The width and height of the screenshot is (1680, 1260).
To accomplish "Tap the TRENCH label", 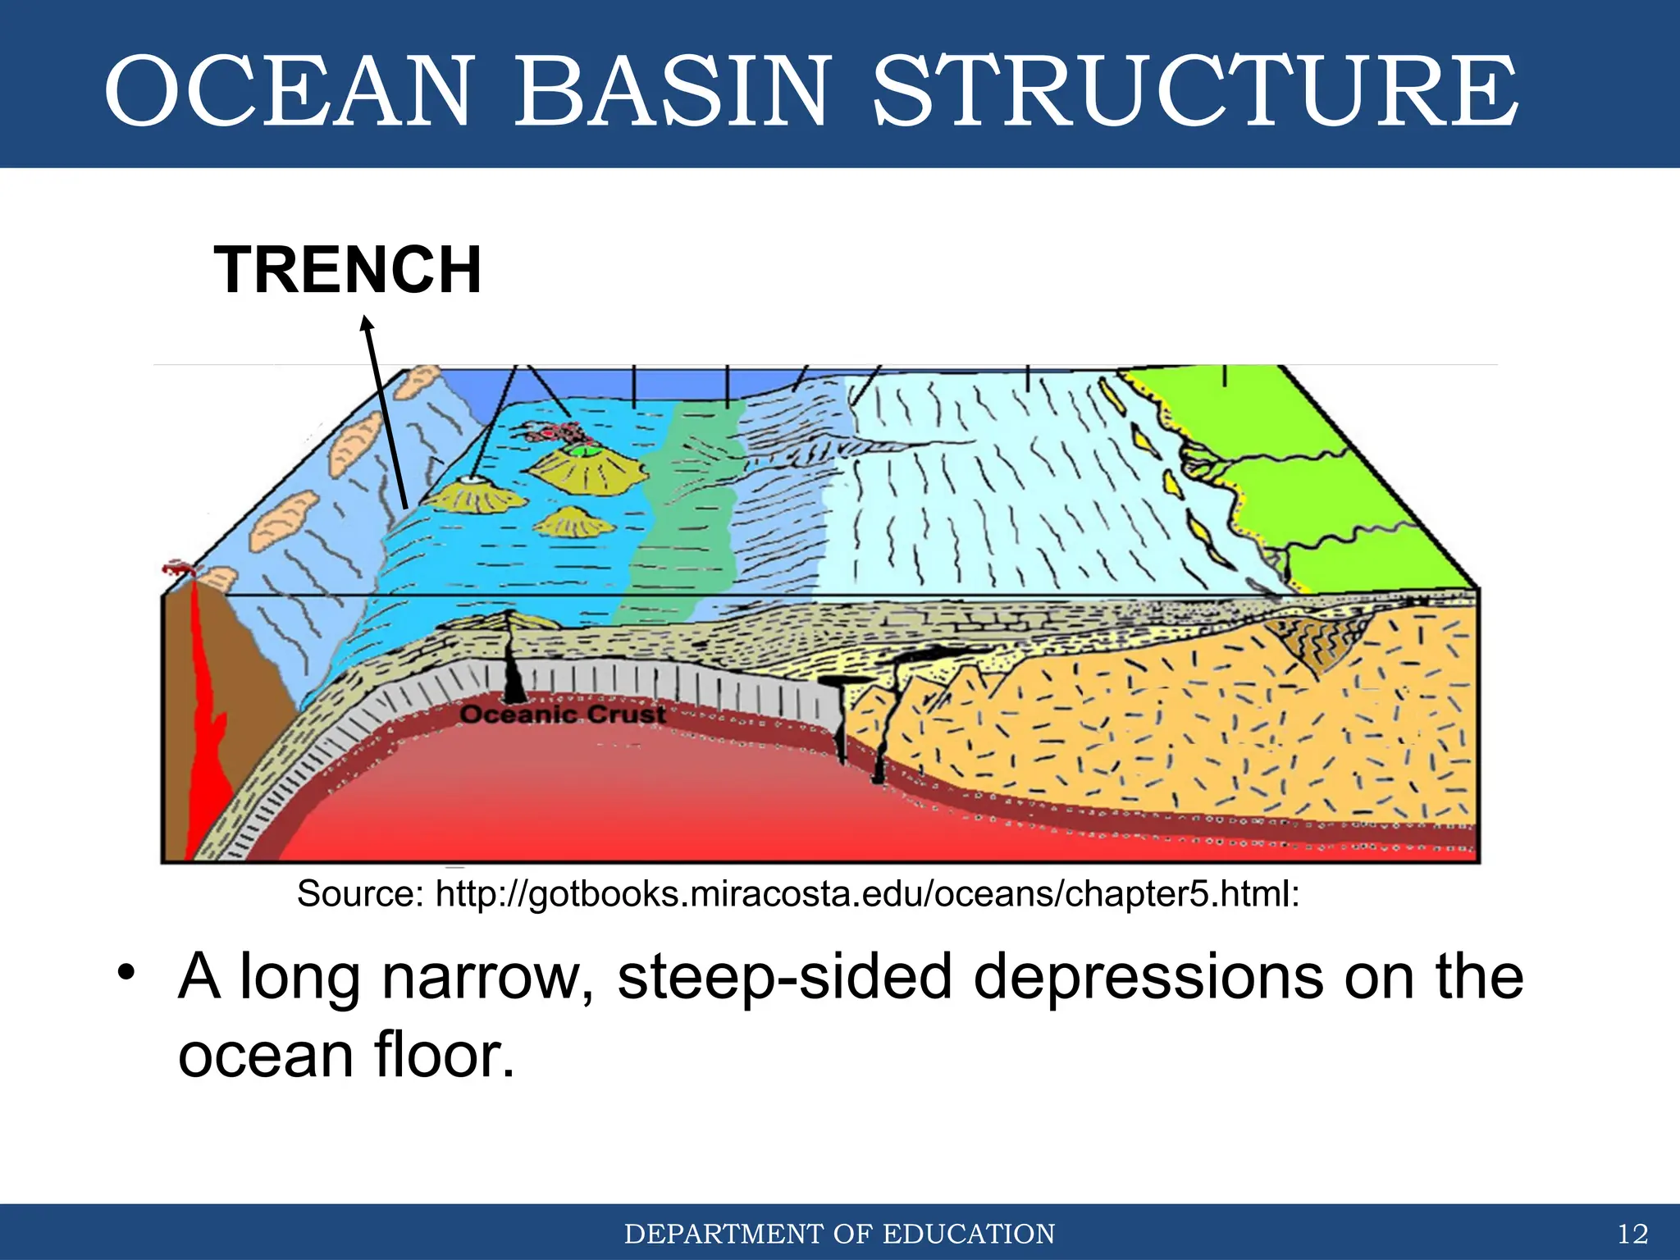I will click(x=348, y=270).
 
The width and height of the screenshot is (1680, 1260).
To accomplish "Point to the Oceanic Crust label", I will click(x=563, y=714).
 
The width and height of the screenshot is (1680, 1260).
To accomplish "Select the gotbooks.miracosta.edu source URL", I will click(x=867, y=894).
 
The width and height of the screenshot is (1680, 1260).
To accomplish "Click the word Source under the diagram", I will click(x=359, y=894).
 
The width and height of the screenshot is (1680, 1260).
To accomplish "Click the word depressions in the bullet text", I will click(x=1147, y=976).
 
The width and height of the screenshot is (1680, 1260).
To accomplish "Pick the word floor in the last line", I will click(x=444, y=1056).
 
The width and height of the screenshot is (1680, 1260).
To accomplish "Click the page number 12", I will click(x=1632, y=1234).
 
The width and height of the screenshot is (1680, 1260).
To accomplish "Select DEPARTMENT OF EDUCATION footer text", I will click(x=839, y=1234).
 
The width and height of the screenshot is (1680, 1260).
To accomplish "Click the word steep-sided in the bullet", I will click(x=784, y=976).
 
